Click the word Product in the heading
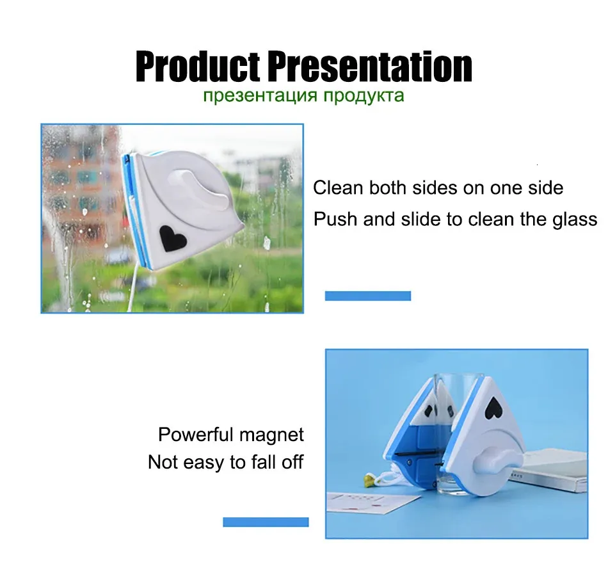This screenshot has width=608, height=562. (x=198, y=66)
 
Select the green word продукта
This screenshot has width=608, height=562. (x=364, y=95)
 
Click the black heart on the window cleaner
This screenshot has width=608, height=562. (x=172, y=237)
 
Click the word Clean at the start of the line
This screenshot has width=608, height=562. (x=338, y=188)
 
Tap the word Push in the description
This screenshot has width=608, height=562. (x=335, y=219)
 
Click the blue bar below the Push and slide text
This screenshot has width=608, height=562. (x=367, y=296)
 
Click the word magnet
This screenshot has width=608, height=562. (x=271, y=435)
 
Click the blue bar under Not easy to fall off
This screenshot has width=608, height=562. (x=266, y=522)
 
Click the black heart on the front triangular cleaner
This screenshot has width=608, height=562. (x=493, y=408)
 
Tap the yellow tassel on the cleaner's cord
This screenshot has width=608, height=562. (x=371, y=481)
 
